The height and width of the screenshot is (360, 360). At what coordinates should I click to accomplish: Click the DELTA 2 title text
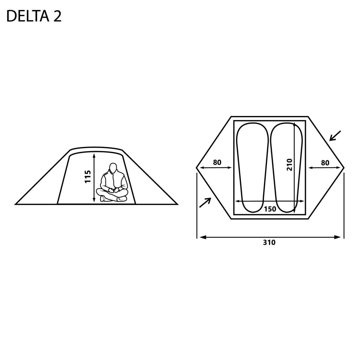click(34, 17)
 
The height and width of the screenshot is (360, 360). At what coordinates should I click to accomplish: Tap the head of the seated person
click(113, 168)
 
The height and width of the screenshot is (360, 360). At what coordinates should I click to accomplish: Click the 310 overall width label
click(269, 243)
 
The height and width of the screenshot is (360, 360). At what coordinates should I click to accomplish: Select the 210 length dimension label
click(290, 165)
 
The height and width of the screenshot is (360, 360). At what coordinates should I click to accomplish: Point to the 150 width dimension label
click(270, 209)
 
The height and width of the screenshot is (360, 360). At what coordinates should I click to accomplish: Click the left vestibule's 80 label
click(217, 162)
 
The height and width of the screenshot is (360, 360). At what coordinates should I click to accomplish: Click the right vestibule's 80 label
click(325, 163)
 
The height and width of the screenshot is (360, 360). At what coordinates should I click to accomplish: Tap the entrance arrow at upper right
click(335, 136)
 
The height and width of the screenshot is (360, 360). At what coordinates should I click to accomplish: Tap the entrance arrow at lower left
click(205, 202)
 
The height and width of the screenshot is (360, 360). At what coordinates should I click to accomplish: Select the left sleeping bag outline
click(252, 168)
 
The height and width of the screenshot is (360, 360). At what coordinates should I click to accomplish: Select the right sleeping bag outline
click(287, 168)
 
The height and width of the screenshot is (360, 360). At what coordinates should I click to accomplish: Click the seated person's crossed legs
click(112, 194)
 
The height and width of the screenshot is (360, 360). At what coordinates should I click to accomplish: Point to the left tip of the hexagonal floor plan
click(197, 168)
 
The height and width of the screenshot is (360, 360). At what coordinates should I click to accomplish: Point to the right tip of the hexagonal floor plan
click(344, 168)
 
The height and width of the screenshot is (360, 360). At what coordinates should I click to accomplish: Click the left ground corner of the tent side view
click(15, 204)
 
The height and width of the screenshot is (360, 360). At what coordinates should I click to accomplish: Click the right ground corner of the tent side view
click(178, 204)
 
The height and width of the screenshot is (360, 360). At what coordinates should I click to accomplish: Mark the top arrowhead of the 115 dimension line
click(94, 156)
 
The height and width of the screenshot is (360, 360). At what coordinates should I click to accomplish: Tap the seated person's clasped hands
click(114, 189)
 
